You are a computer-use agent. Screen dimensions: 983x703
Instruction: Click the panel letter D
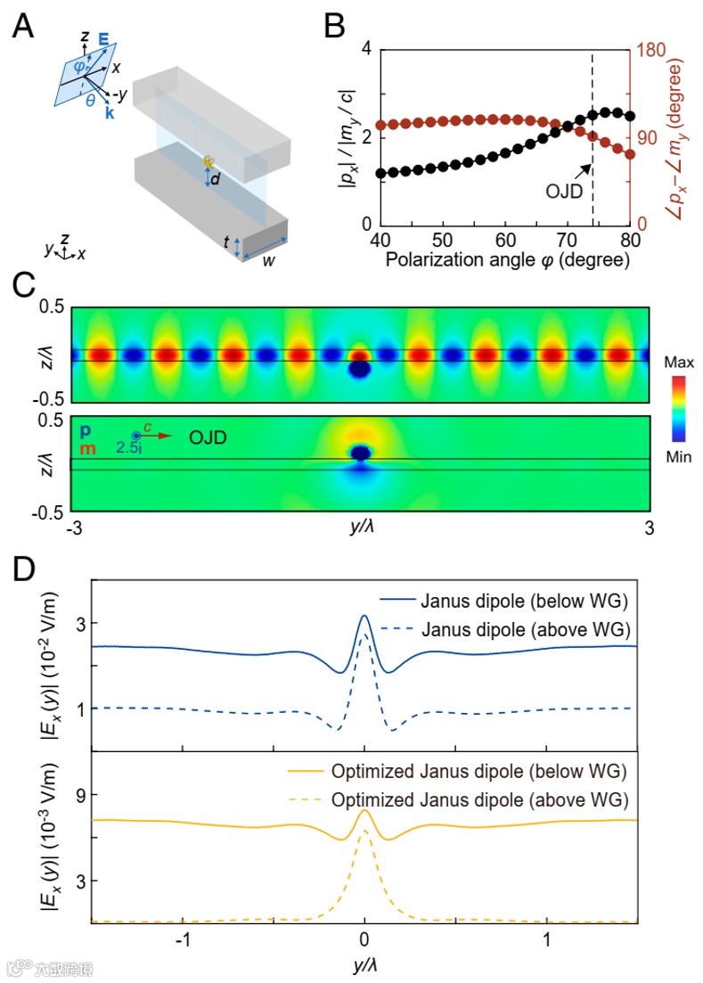pyautogui.click(x=23, y=569)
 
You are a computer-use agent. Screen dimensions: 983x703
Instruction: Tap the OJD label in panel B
pyautogui.click(x=562, y=190)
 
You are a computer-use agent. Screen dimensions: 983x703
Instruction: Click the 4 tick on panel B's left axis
pyautogui.click(x=364, y=50)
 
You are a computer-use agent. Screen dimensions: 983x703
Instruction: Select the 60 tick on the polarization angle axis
pyautogui.click(x=506, y=241)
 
